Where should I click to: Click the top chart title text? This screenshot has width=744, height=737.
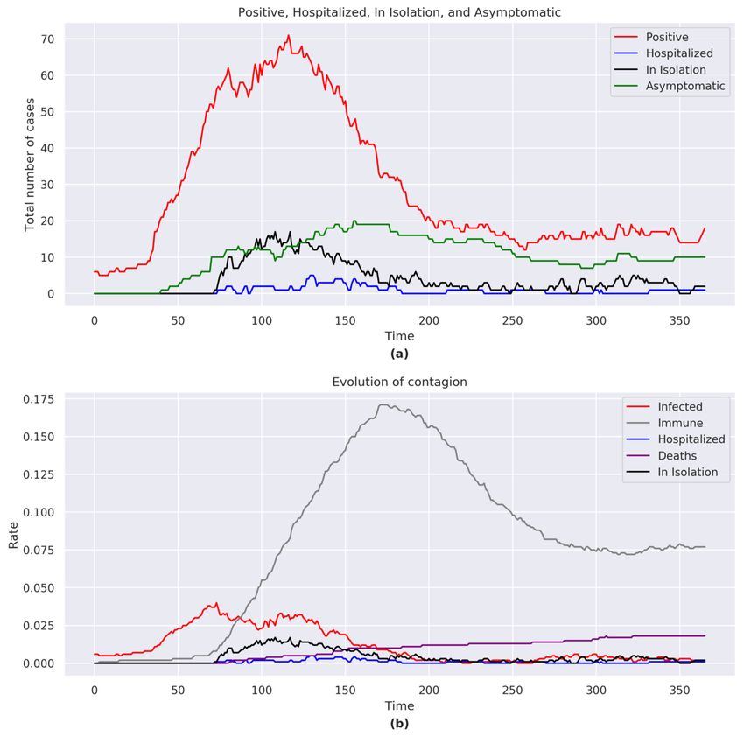(x=399, y=12)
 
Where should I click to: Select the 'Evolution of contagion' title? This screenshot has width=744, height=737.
(x=399, y=383)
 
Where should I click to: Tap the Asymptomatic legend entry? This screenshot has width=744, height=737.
(x=685, y=87)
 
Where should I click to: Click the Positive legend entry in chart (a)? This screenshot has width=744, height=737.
(x=667, y=37)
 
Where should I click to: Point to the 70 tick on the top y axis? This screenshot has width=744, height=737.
(x=47, y=39)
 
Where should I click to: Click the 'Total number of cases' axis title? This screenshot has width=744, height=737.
(x=30, y=165)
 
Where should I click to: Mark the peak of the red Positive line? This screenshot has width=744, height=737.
(x=288, y=36)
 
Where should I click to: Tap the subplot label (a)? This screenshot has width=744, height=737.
(x=399, y=354)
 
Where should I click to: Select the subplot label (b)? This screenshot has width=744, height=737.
(x=399, y=724)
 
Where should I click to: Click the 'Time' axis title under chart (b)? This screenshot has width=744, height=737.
(x=399, y=705)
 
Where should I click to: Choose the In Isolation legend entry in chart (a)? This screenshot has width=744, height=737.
(x=675, y=70)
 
